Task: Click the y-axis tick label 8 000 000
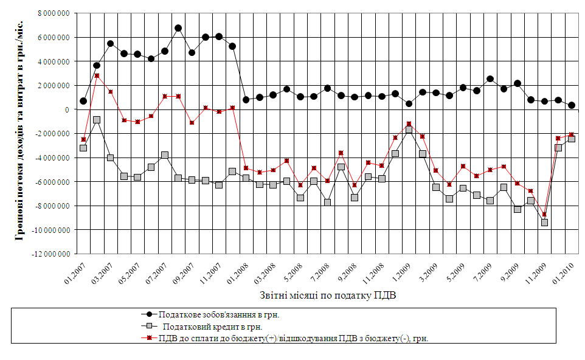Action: (x=53, y=13)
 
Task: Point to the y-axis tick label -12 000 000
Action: (x=51, y=254)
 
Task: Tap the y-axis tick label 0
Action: (x=67, y=109)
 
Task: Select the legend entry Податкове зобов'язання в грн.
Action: (x=223, y=315)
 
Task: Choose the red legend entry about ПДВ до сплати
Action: (x=294, y=339)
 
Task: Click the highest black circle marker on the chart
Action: (x=178, y=28)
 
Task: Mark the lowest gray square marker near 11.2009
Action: (x=545, y=223)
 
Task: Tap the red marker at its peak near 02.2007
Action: (x=97, y=76)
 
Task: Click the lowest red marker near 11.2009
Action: (x=545, y=215)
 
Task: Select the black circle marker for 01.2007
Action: (x=83, y=101)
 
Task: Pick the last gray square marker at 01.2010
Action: (x=572, y=139)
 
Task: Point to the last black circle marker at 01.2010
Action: (x=572, y=105)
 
